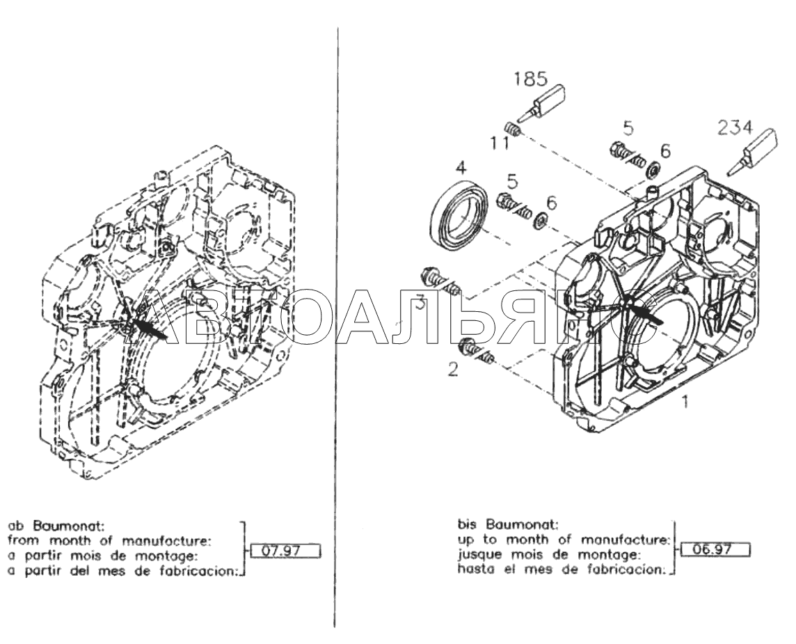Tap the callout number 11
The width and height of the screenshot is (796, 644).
(498, 144)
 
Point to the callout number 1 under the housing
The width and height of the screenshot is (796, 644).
(686, 402)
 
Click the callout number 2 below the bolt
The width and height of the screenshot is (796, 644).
(453, 370)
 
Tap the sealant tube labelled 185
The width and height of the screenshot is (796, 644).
(547, 103)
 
